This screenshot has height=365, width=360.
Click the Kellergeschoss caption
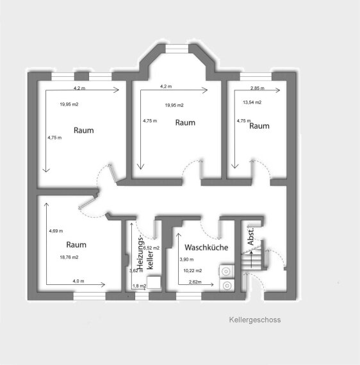[x=255, y=320]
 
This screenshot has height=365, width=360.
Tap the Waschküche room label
[x=206, y=247]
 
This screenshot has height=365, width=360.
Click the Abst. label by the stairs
[x=251, y=236]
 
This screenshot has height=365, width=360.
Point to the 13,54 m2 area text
[x=252, y=102]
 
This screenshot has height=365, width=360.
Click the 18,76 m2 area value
[x=69, y=257]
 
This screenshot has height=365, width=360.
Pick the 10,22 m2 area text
[x=193, y=271]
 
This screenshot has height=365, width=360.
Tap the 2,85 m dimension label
[x=258, y=88]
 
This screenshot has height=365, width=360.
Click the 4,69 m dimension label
[x=56, y=231]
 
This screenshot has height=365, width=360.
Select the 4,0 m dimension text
[x=79, y=281]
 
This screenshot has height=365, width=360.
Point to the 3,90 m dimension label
[x=186, y=259]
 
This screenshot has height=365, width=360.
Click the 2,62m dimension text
[x=195, y=282]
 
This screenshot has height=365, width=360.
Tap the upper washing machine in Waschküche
[x=227, y=272]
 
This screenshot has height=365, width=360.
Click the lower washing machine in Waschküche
[x=227, y=286]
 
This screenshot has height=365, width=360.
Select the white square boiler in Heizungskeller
[x=154, y=282]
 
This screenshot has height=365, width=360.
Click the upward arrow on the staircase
[x=252, y=259]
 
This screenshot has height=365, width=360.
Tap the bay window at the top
[x=177, y=49]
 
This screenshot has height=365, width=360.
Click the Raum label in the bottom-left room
[x=76, y=245]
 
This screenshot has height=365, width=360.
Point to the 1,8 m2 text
[x=139, y=286]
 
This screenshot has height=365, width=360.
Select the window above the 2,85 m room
[x=256, y=76]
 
